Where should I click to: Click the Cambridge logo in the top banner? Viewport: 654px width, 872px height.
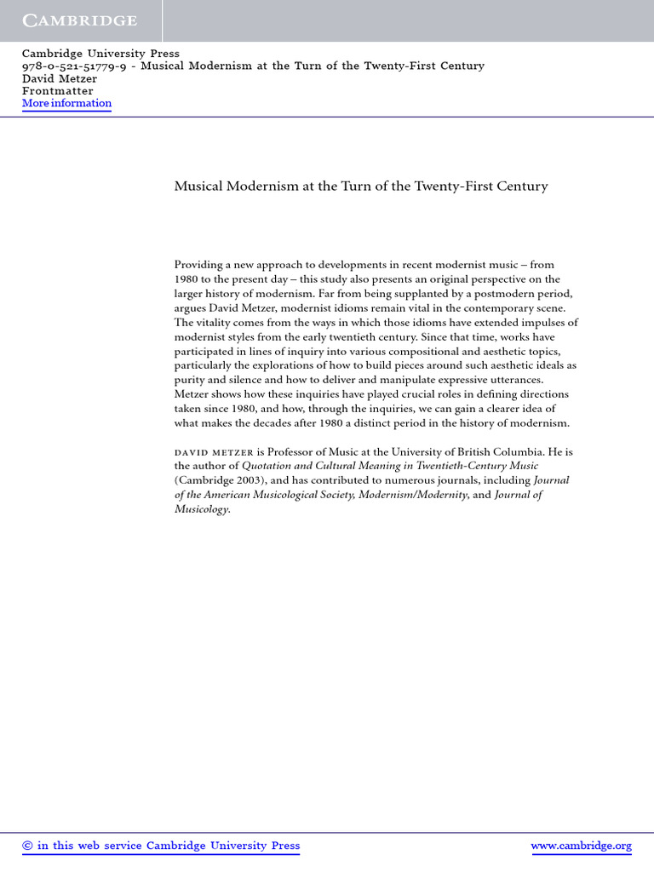[79, 20]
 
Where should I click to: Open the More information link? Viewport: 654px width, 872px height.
[66, 103]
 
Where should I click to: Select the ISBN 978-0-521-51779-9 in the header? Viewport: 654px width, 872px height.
[73, 66]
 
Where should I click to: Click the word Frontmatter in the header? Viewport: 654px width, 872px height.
[58, 91]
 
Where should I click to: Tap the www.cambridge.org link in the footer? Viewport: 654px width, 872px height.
[581, 846]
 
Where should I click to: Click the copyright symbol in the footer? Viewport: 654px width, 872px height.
[27, 846]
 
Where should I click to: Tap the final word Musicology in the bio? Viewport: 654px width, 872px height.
[201, 509]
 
